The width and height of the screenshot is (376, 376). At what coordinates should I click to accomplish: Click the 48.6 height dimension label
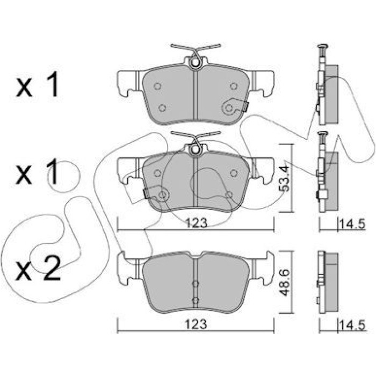(x=284, y=283)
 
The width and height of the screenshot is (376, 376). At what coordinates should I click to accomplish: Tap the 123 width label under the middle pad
(x=197, y=223)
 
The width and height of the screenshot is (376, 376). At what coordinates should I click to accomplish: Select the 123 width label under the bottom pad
(x=196, y=324)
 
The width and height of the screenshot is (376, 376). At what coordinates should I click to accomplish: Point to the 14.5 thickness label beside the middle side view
(x=352, y=225)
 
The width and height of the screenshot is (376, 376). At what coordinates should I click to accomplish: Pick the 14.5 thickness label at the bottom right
(x=352, y=326)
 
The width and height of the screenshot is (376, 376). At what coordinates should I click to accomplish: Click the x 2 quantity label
(x=38, y=268)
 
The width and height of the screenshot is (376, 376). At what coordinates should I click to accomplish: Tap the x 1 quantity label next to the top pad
(x=37, y=84)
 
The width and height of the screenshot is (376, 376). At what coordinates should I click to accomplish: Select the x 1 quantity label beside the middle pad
(x=37, y=172)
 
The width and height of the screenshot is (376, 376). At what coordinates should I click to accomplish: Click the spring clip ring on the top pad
(x=196, y=63)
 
